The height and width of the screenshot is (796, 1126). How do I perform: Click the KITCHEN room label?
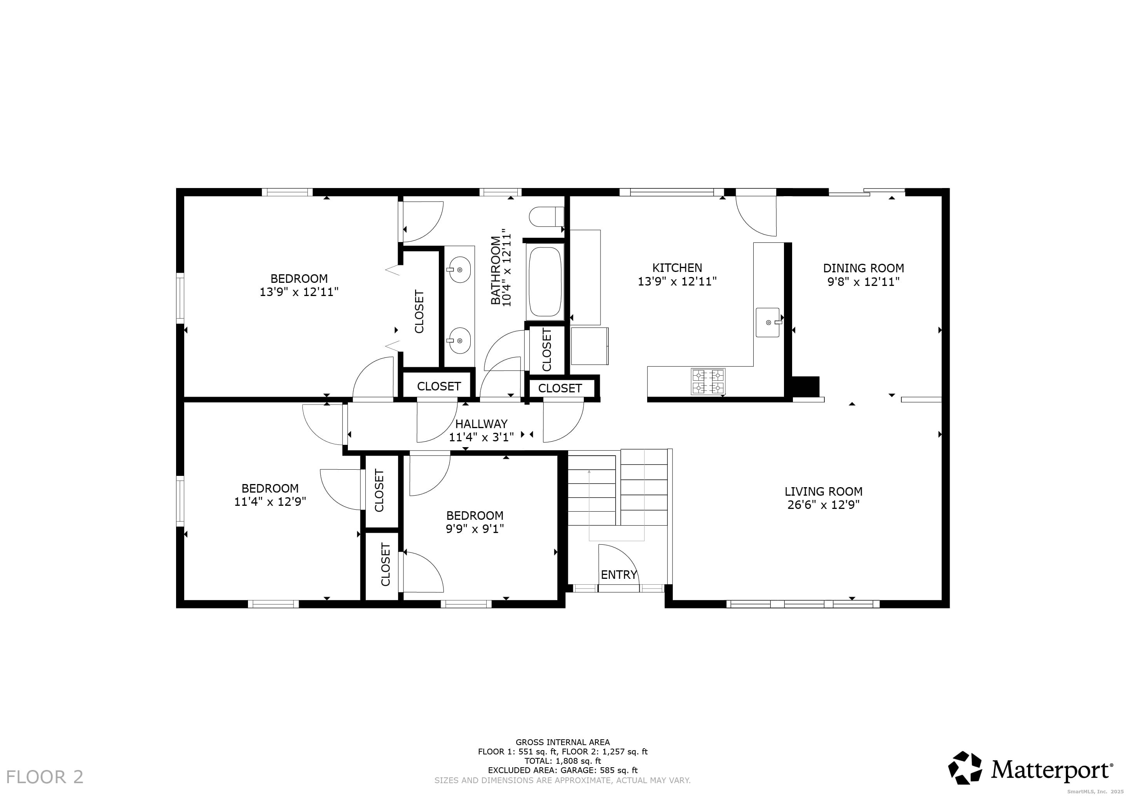pos(677,268)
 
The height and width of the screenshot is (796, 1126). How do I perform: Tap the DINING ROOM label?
pos(863,268)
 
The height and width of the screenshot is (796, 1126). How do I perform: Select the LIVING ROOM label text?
pos(823,491)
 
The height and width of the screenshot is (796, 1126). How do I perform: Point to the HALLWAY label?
pos(481,423)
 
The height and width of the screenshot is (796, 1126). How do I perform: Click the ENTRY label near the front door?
pos(618,575)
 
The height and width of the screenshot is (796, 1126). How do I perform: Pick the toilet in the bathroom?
pos(546,217)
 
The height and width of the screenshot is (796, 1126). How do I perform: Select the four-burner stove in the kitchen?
pos(708,381)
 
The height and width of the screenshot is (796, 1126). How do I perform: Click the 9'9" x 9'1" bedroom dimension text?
pos(475,529)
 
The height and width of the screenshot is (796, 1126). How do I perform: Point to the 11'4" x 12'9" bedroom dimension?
pos(270,502)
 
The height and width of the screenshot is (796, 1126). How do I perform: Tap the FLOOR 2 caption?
pos(45,777)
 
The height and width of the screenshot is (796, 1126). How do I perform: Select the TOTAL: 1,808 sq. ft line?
pos(562,761)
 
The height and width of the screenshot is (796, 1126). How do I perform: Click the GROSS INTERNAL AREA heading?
pos(562,742)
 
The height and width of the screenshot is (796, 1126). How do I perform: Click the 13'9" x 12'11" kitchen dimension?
pos(677,281)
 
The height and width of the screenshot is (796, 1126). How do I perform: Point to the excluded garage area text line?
pos(562,770)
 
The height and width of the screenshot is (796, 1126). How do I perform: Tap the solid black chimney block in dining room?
pos(806,386)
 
